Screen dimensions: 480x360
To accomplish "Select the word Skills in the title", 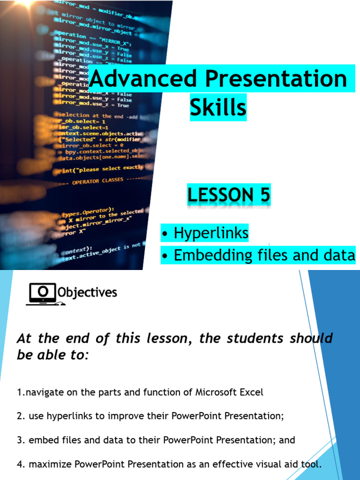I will [x=218, y=107].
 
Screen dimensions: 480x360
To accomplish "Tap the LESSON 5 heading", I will [x=229, y=195].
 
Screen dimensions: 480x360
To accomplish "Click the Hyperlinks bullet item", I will [x=210, y=233].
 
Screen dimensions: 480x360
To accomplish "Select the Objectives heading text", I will [x=87, y=293].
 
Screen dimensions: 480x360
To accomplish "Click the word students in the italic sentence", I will [x=253, y=338].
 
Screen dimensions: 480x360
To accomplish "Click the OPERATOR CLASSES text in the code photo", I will [x=97, y=182].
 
